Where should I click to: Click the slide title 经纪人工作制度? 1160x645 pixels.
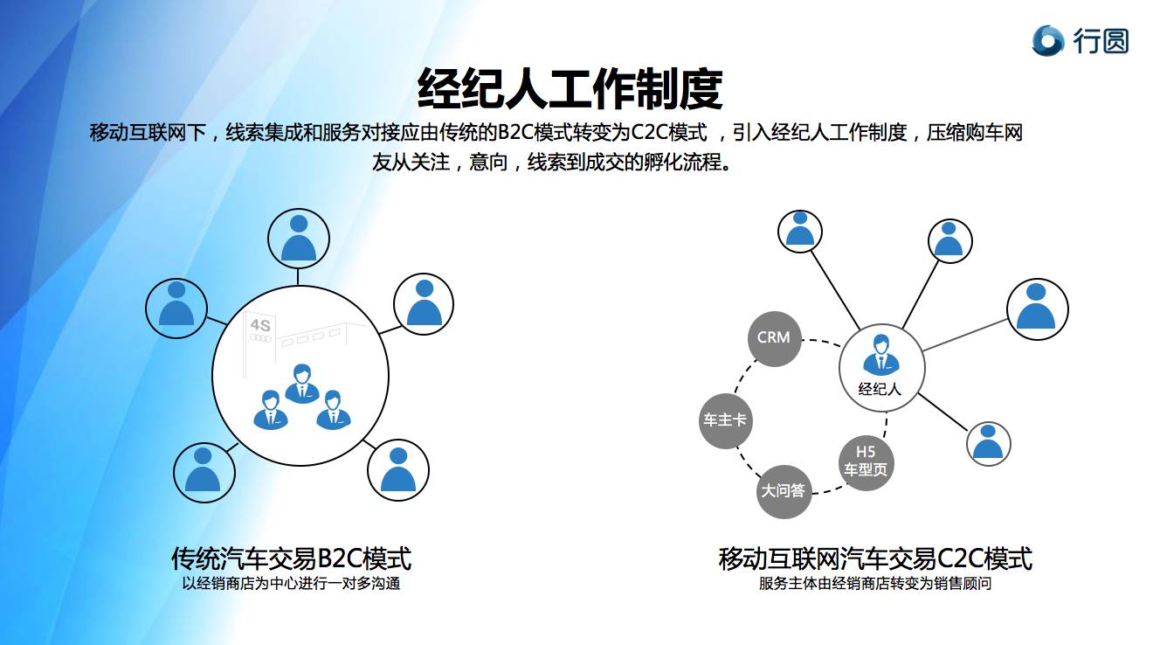tap(570, 87)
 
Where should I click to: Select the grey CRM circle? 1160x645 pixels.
tap(774, 337)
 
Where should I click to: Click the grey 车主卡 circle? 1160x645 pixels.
tap(725, 420)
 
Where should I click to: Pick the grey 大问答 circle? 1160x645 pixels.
tap(783, 491)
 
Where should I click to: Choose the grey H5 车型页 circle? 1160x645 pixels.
tap(866, 461)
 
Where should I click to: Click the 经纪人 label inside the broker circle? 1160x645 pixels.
tap(880, 390)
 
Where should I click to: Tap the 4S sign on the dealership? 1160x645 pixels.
tap(260, 325)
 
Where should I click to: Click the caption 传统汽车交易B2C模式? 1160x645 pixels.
tap(291, 558)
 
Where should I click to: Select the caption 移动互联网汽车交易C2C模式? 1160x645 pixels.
tap(875, 558)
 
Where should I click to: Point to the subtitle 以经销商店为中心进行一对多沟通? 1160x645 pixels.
tap(291, 584)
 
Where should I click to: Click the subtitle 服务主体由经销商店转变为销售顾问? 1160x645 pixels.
tap(875, 584)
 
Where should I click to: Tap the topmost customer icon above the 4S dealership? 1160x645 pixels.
tap(299, 236)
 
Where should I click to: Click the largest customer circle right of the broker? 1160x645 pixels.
tap(1037, 309)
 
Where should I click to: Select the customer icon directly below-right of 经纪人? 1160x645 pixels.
tap(988, 442)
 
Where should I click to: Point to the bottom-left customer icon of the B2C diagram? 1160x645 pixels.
tap(204, 472)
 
